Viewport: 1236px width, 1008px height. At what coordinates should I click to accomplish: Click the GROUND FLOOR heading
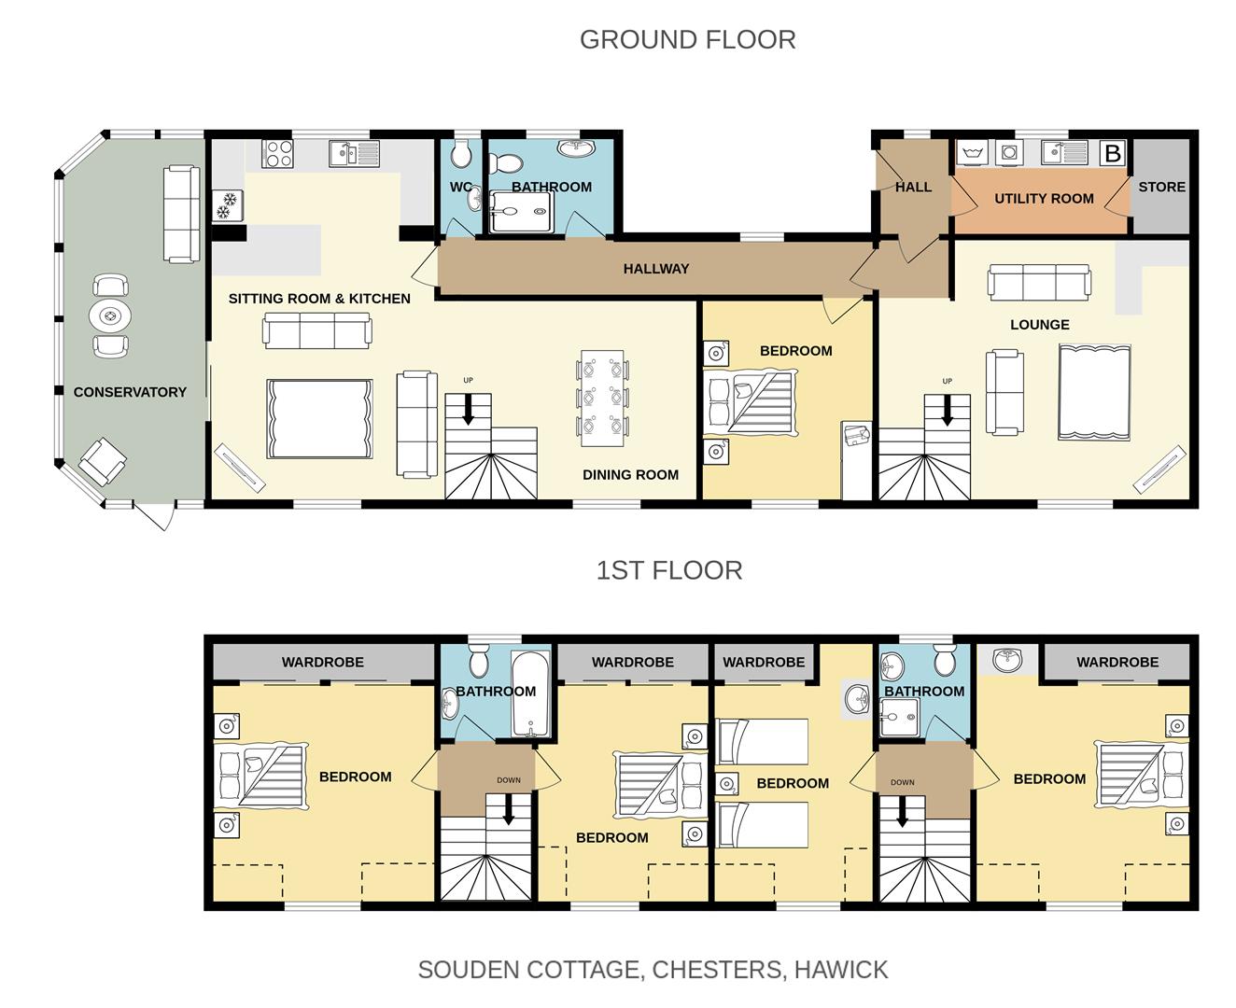pyautogui.click(x=687, y=40)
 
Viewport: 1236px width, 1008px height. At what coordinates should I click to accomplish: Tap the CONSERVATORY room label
pyautogui.click(x=130, y=392)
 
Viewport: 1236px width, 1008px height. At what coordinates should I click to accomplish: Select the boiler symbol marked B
pyautogui.click(x=1112, y=153)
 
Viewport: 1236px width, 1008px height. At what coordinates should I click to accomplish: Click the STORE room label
pyautogui.click(x=1161, y=187)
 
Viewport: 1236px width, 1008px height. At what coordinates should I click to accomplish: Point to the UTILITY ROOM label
pyautogui.click(x=1044, y=199)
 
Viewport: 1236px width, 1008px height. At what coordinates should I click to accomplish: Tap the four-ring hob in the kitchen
pyautogui.click(x=278, y=153)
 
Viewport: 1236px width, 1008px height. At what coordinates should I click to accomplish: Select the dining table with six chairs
pyautogui.click(x=602, y=393)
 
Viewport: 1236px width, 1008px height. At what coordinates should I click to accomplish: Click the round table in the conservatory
pyautogui.click(x=110, y=316)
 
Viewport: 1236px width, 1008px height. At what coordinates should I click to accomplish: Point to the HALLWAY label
pyautogui.click(x=656, y=269)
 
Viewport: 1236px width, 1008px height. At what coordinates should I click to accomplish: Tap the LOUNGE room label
pyautogui.click(x=1039, y=325)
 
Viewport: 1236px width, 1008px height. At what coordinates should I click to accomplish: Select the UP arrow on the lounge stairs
pyautogui.click(x=948, y=412)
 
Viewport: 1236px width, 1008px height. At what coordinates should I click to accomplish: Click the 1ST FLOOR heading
pyautogui.click(x=669, y=570)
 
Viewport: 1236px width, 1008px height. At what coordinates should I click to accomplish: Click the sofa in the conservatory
pyautogui.click(x=181, y=214)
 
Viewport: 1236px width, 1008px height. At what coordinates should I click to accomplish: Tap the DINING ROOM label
pyautogui.click(x=630, y=475)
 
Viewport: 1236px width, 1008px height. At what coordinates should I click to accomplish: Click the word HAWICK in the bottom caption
pyautogui.click(x=841, y=970)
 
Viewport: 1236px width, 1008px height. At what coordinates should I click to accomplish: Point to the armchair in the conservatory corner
pyautogui.click(x=103, y=462)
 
